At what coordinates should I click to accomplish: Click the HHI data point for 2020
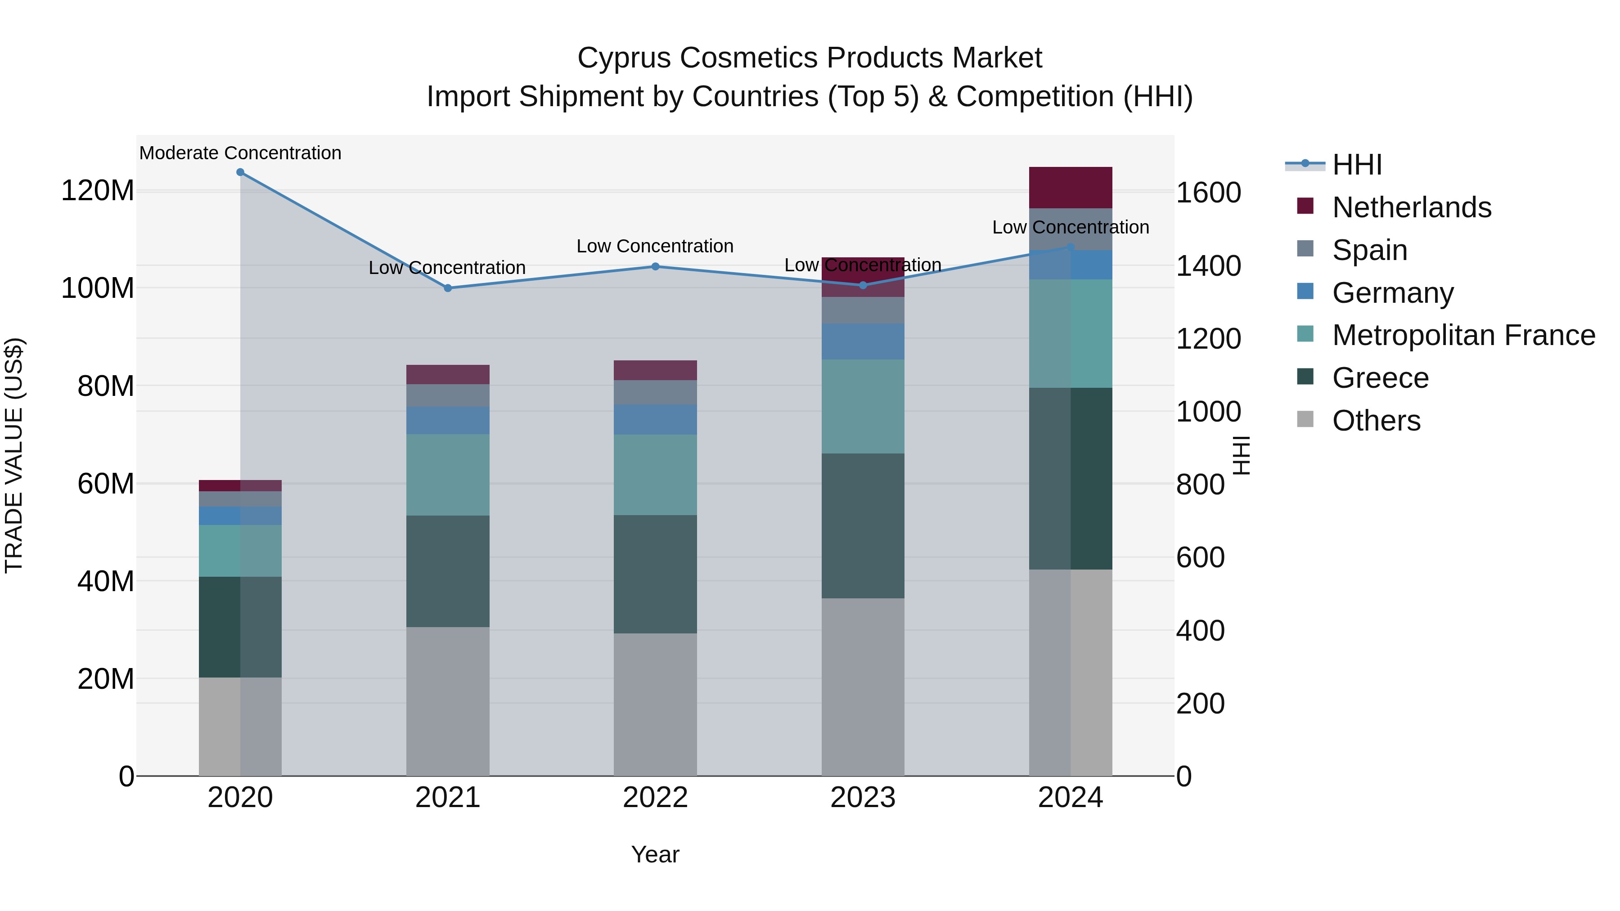(240, 172)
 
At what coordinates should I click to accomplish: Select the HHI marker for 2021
(448, 288)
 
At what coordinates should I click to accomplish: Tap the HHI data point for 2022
(655, 267)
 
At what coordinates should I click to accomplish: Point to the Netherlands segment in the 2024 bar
(1071, 187)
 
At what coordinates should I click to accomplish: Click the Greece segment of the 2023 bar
(863, 525)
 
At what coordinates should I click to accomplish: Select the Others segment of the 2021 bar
(448, 701)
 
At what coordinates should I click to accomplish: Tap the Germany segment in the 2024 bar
(1071, 265)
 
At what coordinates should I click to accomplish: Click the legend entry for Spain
(1369, 250)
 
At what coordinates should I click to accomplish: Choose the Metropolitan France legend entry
(1463, 335)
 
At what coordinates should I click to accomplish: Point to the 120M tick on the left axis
(98, 190)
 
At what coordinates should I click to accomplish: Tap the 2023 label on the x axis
(863, 798)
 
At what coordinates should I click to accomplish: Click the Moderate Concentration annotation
(240, 153)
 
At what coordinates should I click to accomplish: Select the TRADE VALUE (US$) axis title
(14, 455)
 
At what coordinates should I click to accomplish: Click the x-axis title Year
(655, 854)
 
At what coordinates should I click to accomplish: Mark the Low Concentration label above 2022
(655, 246)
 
